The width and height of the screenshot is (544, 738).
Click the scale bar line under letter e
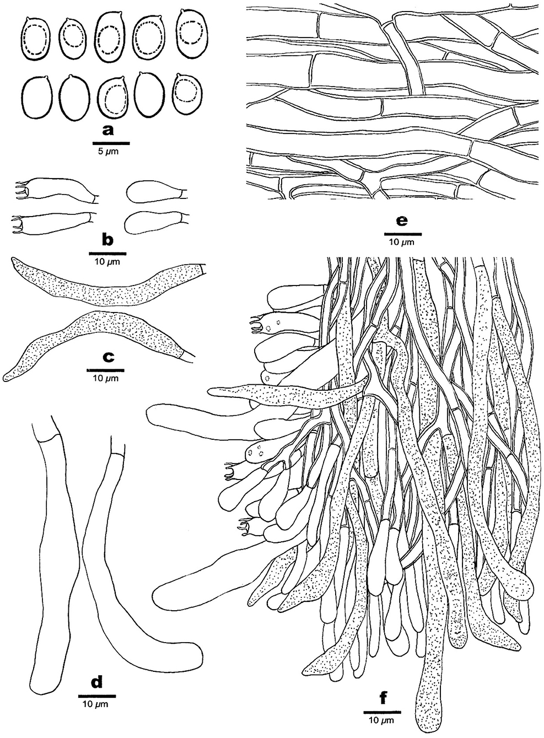tap(403, 234)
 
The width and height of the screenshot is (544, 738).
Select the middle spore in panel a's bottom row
tap(114, 98)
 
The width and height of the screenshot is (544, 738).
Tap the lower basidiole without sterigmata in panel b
tap(156, 223)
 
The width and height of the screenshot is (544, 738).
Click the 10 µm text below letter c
tap(105, 378)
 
